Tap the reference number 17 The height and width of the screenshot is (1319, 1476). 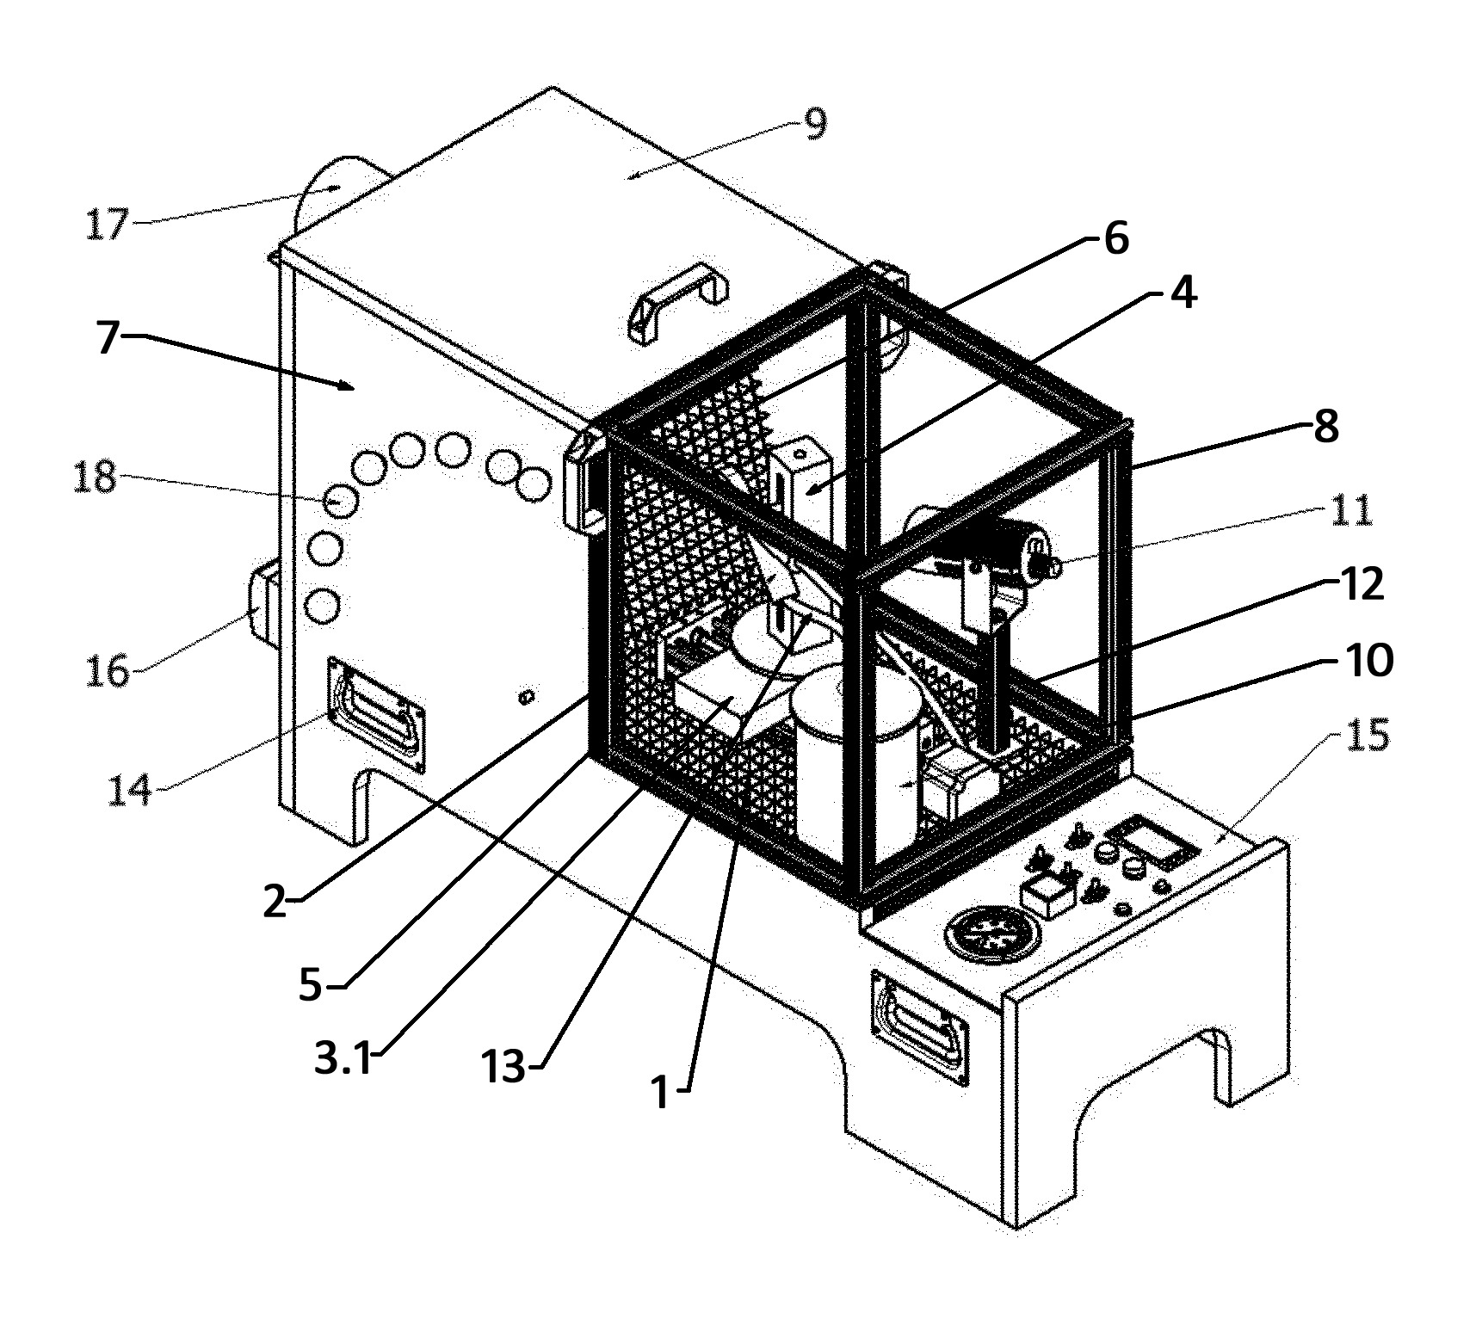click(107, 225)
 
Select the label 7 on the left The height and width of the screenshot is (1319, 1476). click(107, 337)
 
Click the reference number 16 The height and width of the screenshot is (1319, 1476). click(108, 670)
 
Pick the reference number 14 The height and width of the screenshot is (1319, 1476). click(131, 789)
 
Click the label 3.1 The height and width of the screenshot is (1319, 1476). click(344, 1059)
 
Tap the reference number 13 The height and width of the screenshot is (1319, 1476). click(503, 1068)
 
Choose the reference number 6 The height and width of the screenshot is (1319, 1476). click(1116, 238)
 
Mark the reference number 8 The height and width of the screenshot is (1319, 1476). click(1326, 426)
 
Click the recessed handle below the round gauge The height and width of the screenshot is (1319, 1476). click(920, 1029)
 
